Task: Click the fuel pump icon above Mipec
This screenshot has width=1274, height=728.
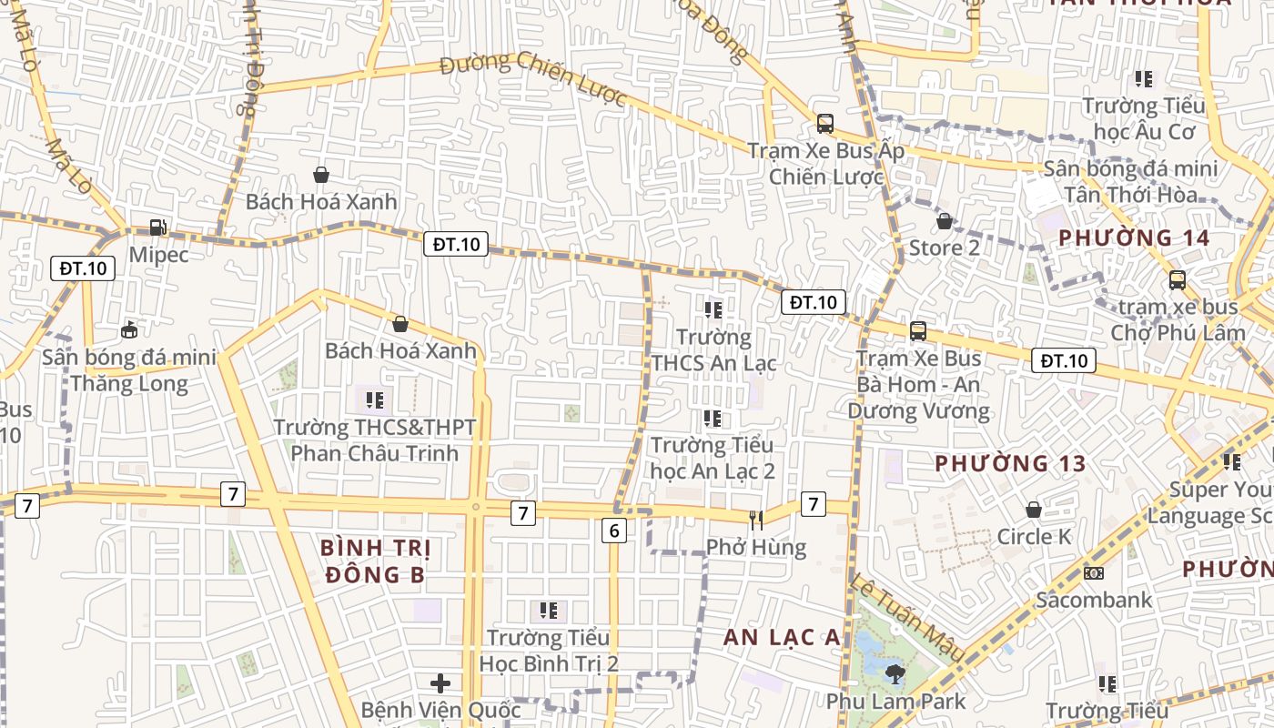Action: click(x=158, y=227)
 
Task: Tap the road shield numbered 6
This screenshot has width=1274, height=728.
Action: click(x=614, y=531)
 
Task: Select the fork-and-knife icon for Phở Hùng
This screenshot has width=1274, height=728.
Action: click(x=756, y=520)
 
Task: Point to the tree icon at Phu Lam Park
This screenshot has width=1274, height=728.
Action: click(x=895, y=673)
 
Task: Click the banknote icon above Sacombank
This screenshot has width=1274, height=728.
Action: click(x=1094, y=573)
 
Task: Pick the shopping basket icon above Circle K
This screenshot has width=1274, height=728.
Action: click(x=1034, y=510)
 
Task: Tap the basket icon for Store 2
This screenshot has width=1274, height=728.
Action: click(x=945, y=220)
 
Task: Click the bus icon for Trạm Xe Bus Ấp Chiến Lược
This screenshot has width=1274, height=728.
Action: click(x=825, y=124)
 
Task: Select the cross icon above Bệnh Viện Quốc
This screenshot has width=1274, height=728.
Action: click(x=441, y=682)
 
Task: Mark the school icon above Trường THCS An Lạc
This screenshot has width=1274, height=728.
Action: click(x=713, y=310)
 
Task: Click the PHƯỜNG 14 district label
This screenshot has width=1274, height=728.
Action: click(x=1134, y=238)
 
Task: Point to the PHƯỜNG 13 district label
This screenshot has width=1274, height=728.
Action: click(x=1010, y=464)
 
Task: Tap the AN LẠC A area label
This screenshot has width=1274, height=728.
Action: click(x=783, y=638)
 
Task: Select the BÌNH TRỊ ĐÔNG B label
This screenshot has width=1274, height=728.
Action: click(x=376, y=561)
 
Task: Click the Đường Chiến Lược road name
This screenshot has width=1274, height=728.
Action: click(x=534, y=78)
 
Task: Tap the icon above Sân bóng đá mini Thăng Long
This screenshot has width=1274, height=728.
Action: click(x=129, y=329)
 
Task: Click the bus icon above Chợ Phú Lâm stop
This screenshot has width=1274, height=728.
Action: click(x=1178, y=280)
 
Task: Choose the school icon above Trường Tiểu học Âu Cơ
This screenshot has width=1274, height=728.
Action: click(x=1144, y=79)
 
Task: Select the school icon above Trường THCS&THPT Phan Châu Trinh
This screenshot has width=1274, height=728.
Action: click(x=374, y=399)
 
